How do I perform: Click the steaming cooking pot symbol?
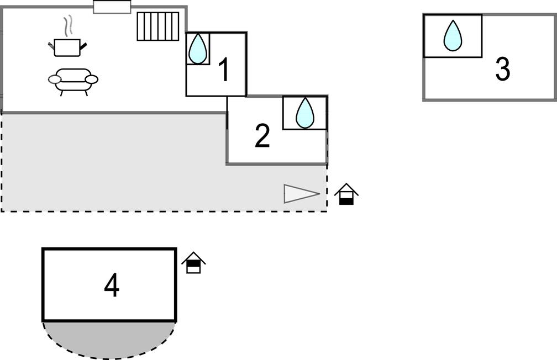tap(67, 47)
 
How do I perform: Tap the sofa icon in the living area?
tap(73, 81)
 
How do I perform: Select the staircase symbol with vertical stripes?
tap(158, 27)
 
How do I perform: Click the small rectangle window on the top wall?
tap(112, 7)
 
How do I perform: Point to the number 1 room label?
tap(224, 71)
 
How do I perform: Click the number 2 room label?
tap(262, 136)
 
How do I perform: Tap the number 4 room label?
tap(112, 286)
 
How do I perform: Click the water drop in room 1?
tap(197, 49)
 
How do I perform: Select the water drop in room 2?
tap(304, 113)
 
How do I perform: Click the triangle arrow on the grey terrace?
tap(301, 194)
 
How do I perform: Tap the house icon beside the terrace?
tap(346, 194)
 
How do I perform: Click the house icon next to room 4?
tap(193, 263)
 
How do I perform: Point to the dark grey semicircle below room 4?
tap(109, 338)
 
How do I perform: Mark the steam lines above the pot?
tap(67, 26)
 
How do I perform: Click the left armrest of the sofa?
tap(55, 80)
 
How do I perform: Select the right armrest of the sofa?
tap(92, 80)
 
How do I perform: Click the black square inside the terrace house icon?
tap(346, 200)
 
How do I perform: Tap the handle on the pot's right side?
tap(83, 47)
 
